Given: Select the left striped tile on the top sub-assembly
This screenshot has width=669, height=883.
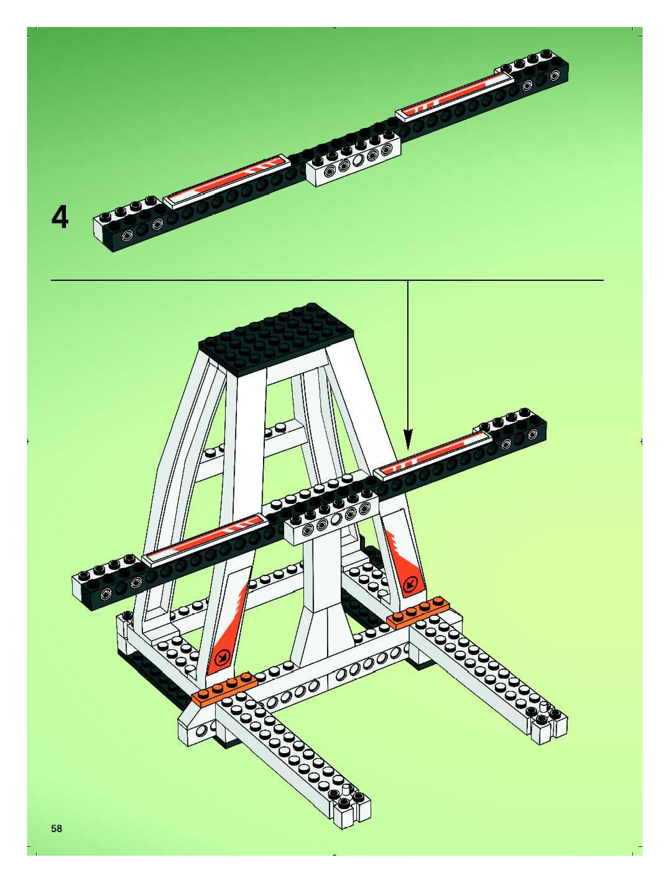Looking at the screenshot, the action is tap(226, 182).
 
